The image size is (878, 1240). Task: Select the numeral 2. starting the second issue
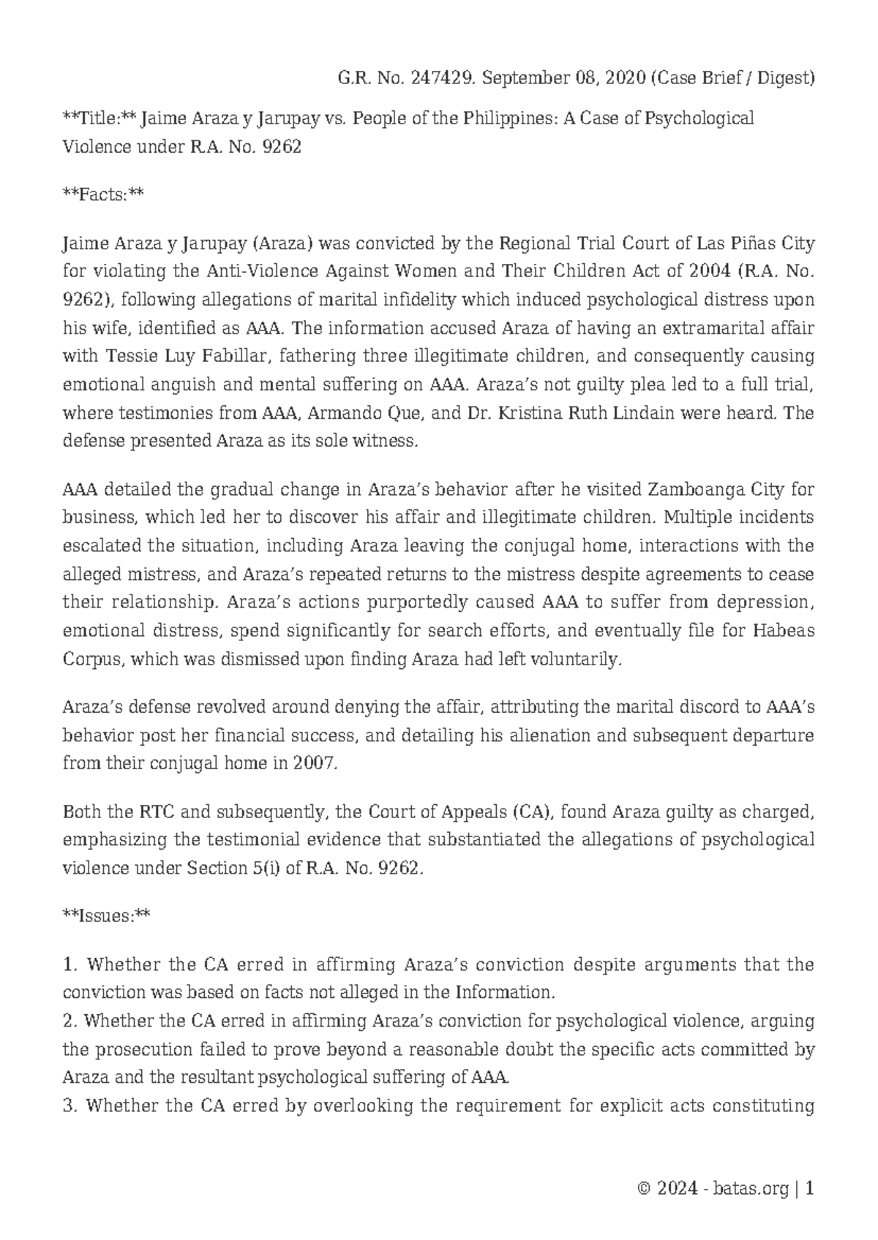pos(70,1021)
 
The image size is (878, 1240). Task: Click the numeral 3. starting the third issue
pos(70,1105)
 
